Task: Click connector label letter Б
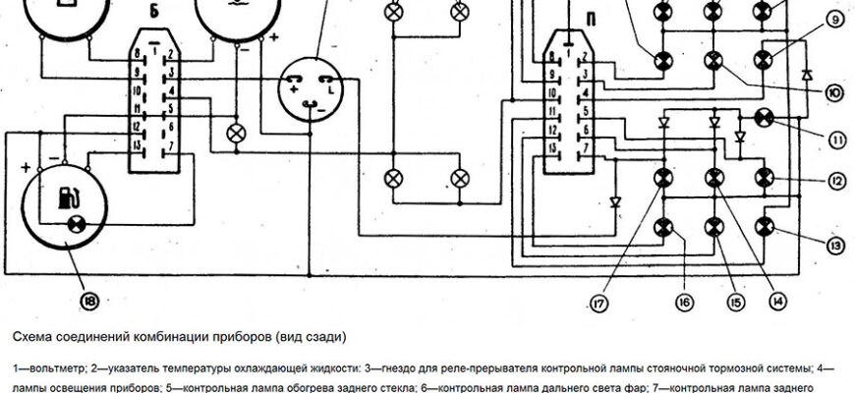(156, 14)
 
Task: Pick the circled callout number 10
(833, 94)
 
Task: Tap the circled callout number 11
(835, 138)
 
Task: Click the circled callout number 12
(835, 181)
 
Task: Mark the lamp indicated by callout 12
(763, 177)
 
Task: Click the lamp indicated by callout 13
(763, 229)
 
